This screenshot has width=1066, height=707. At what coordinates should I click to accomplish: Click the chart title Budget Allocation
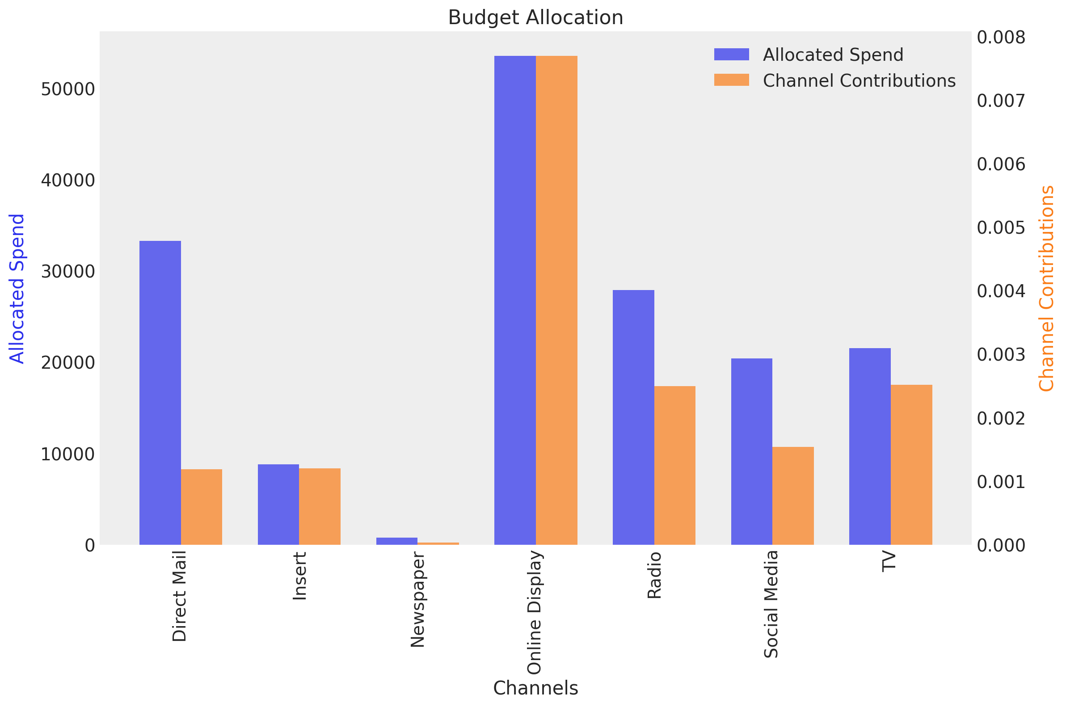coord(535,17)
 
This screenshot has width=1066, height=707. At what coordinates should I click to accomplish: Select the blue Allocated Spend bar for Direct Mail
coord(160,393)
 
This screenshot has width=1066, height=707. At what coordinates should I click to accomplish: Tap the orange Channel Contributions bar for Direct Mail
coord(201,507)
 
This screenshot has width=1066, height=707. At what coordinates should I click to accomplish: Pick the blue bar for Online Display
coord(514,300)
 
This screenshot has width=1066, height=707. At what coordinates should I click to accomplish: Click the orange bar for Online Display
coord(556,300)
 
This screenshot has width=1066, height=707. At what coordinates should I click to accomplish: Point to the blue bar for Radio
coord(633,417)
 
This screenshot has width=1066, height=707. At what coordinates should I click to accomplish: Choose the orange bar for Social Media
coord(793,496)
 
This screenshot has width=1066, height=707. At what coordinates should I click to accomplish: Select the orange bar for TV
coord(911,464)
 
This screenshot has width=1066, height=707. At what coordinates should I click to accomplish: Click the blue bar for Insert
coord(278,504)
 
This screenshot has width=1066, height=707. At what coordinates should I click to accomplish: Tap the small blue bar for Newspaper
coord(397,541)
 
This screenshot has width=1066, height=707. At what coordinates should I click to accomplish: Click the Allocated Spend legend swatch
coord(731,55)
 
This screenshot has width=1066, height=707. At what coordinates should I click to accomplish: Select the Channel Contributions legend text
coord(859,81)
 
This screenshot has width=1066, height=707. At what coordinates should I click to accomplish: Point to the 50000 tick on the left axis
coord(67,89)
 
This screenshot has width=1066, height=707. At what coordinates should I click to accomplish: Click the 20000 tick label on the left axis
coord(67,363)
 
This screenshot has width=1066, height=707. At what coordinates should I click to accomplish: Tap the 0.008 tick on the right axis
coord(1001,38)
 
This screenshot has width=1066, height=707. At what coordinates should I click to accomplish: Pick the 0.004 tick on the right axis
coord(1001,291)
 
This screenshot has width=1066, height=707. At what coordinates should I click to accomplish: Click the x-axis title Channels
coord(535,688)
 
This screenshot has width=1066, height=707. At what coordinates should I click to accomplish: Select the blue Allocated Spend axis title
coord(17,289)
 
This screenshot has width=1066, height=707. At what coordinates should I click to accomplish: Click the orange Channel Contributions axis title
coord(1046,289)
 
